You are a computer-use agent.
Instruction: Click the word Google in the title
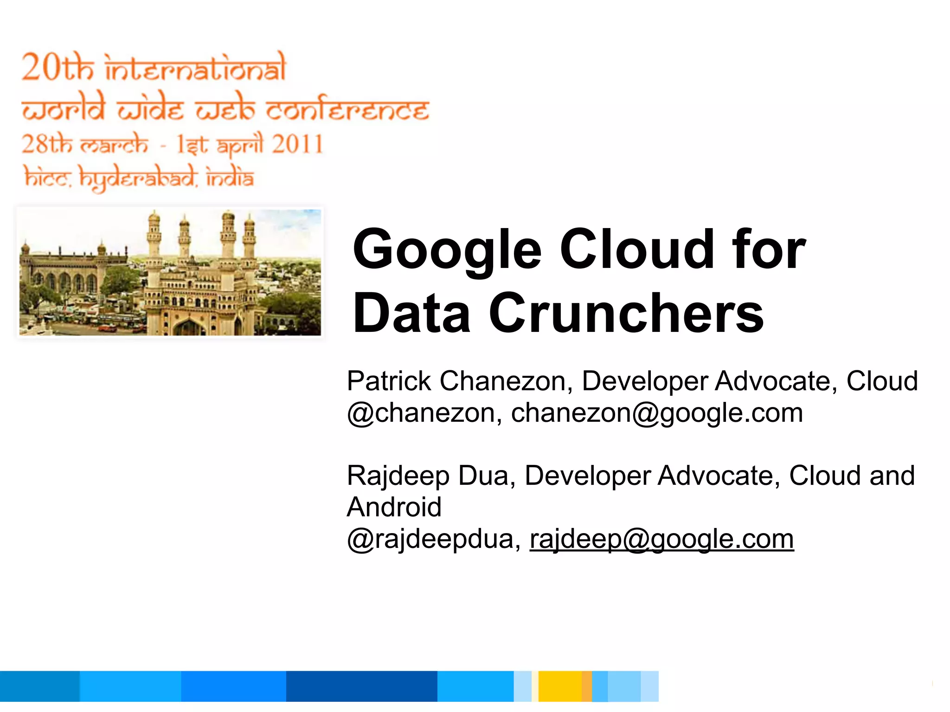(447, 250)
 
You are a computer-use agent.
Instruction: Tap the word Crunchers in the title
(626, 313)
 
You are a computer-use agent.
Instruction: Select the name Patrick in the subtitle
(389, 381)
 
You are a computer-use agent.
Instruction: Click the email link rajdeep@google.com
(661, 539)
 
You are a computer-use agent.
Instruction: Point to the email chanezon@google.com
(657, 413)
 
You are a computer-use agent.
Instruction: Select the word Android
(394, 507)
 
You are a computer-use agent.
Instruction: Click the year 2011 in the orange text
(297, 144)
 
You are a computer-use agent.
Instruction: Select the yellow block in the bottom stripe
(560, 686)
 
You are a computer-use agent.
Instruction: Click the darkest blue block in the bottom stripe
(361, 686)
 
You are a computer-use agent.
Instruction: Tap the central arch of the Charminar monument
(189, 326)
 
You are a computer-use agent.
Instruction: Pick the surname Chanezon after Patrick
(502, 381)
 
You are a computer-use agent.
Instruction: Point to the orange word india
(230, 178)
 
